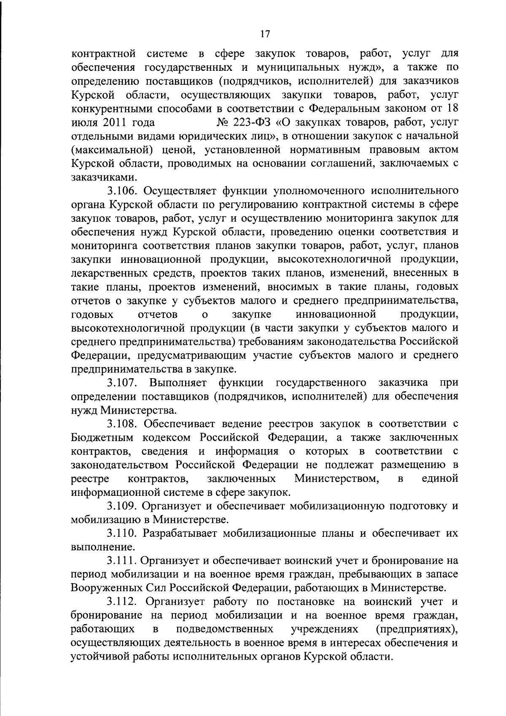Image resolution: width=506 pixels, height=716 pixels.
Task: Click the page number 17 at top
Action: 265,34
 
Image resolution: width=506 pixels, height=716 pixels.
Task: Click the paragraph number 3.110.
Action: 123,533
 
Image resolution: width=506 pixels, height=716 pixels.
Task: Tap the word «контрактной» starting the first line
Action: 103,54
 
